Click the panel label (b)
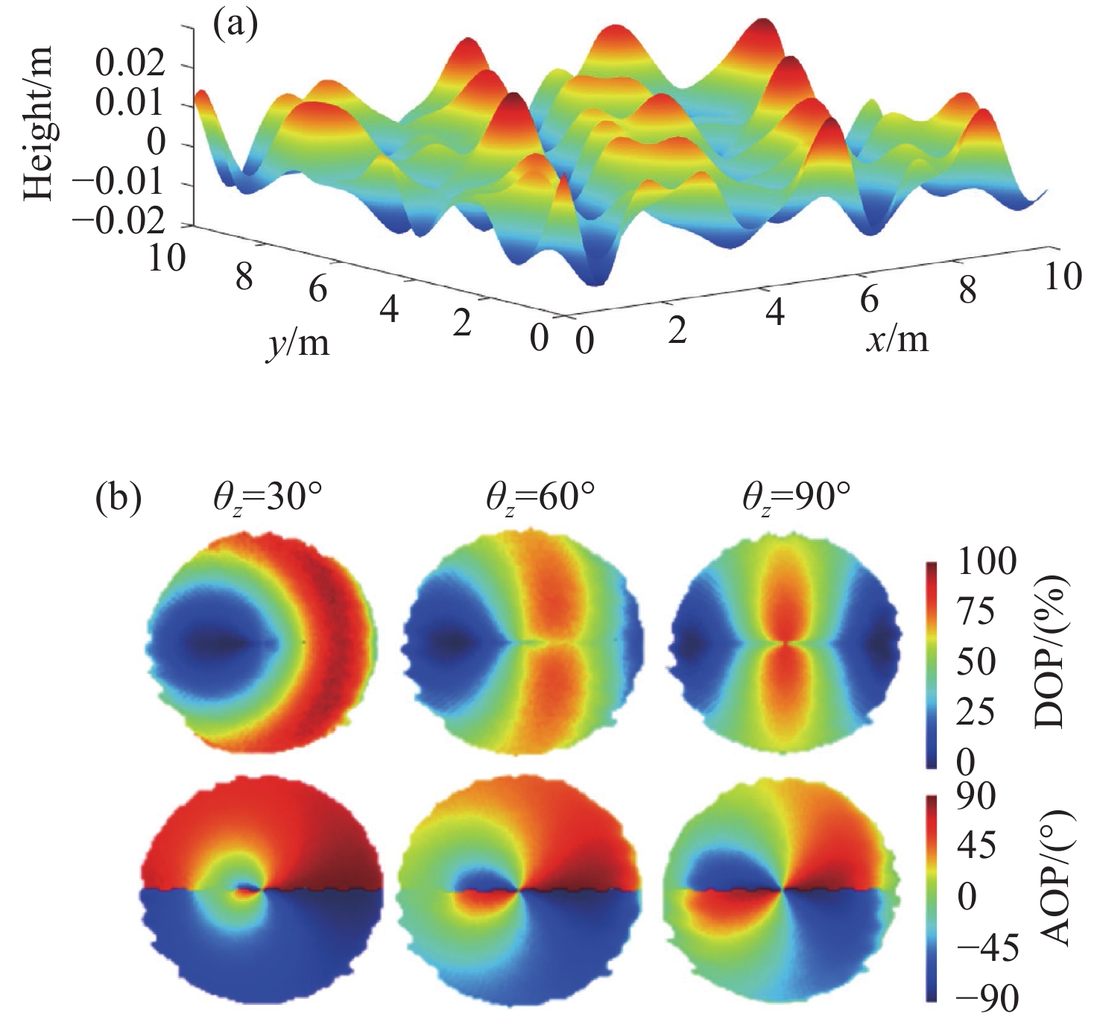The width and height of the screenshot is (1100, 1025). tap(118, 498)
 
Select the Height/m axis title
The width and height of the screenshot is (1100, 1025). tap(39, 123)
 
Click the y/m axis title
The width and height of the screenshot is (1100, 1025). tap(297, 343)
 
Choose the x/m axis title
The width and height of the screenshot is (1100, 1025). tap(897, 339)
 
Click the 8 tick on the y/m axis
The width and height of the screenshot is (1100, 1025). tap(244, 277)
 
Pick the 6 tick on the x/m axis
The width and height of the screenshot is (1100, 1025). tap(869, 299)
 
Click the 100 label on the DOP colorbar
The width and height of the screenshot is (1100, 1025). tap(986, 561)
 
